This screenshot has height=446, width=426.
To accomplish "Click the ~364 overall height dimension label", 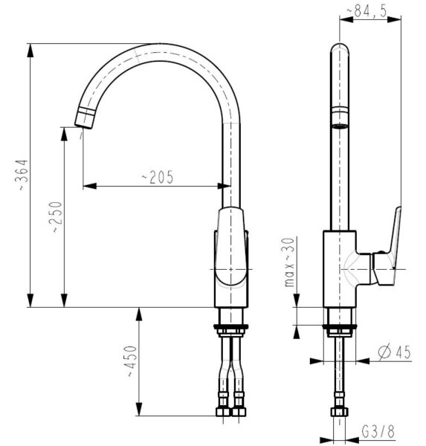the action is (24, 175).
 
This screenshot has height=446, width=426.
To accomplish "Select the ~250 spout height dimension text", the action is (57, 217).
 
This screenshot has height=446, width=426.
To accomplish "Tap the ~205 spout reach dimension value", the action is (158, 177).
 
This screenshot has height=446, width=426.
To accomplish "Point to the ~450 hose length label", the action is (132, 361).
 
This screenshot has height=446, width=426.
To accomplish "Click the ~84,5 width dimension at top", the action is (367, 11).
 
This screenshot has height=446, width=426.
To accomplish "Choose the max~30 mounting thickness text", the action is (289, 262).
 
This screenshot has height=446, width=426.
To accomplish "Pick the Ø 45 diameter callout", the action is (395, 352).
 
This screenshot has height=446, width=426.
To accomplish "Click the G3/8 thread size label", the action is (378, 431).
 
